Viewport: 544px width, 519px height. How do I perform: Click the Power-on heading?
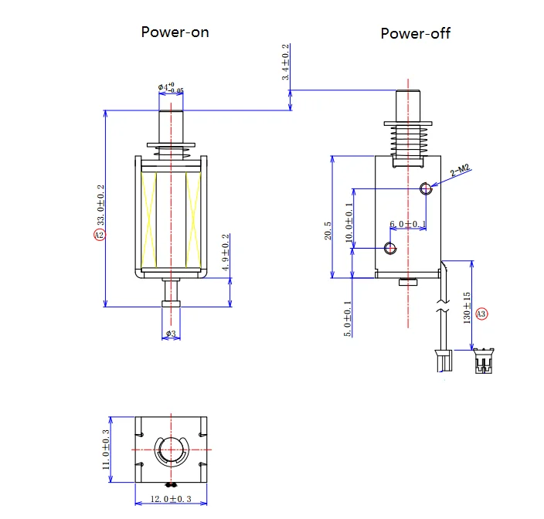pos(175,32)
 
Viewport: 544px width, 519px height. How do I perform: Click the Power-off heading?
pos(415,34)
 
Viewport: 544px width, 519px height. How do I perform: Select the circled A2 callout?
pos(100,235)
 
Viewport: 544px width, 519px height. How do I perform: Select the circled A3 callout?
pos(481,314)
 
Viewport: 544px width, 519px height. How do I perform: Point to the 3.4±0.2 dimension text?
pos(286,63)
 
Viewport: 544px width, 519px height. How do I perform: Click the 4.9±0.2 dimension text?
pos(226,253)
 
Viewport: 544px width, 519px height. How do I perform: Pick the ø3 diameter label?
pos(171,334)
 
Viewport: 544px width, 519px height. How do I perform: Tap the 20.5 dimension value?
pos(328,229)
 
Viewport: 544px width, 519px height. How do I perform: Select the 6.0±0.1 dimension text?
pos(407,225)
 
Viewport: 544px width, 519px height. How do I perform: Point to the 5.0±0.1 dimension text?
pos(348,318)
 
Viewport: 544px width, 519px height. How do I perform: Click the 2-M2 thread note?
pos(461,171)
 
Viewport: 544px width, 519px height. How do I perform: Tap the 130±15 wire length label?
pos(467,308)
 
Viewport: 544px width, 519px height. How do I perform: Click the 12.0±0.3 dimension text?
pos(172,498)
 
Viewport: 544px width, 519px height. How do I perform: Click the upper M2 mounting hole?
pos(424,188)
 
